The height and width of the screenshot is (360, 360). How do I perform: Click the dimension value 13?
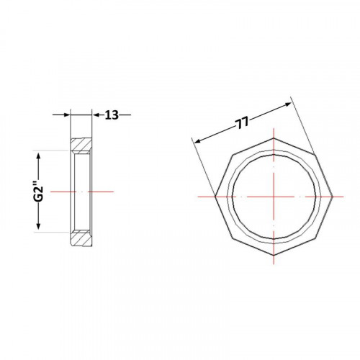tap(112, 115)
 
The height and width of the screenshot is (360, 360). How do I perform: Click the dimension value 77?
tap(242, 123)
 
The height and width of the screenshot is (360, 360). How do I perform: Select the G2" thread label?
tap(38, 192)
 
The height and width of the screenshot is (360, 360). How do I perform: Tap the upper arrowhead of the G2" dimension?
tap(38, 156)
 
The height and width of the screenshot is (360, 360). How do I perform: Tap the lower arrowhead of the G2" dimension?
tap(38, 226)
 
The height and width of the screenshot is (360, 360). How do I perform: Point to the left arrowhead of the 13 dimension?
tap(66, 115)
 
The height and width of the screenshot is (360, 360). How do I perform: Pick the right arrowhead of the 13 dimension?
tap(96, 115)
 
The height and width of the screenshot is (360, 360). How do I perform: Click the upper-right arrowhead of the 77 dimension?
tap(287, 104)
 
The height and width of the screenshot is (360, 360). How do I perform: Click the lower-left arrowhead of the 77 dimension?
tap(198, 141)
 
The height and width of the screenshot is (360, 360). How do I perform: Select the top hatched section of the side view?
tap(81, 145)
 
